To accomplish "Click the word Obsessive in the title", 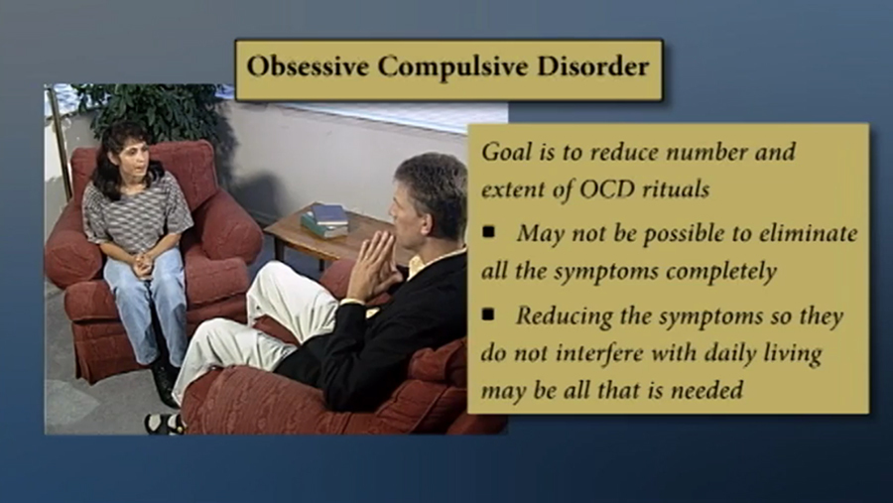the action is coord(308,66).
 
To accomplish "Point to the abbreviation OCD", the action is coord(607,189).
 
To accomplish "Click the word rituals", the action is coord(676,189).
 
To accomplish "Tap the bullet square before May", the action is coord(488,232).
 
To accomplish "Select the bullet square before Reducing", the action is coord(488,314).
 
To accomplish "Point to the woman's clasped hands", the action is coord(142,264).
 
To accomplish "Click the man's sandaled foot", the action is coord(164,424).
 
